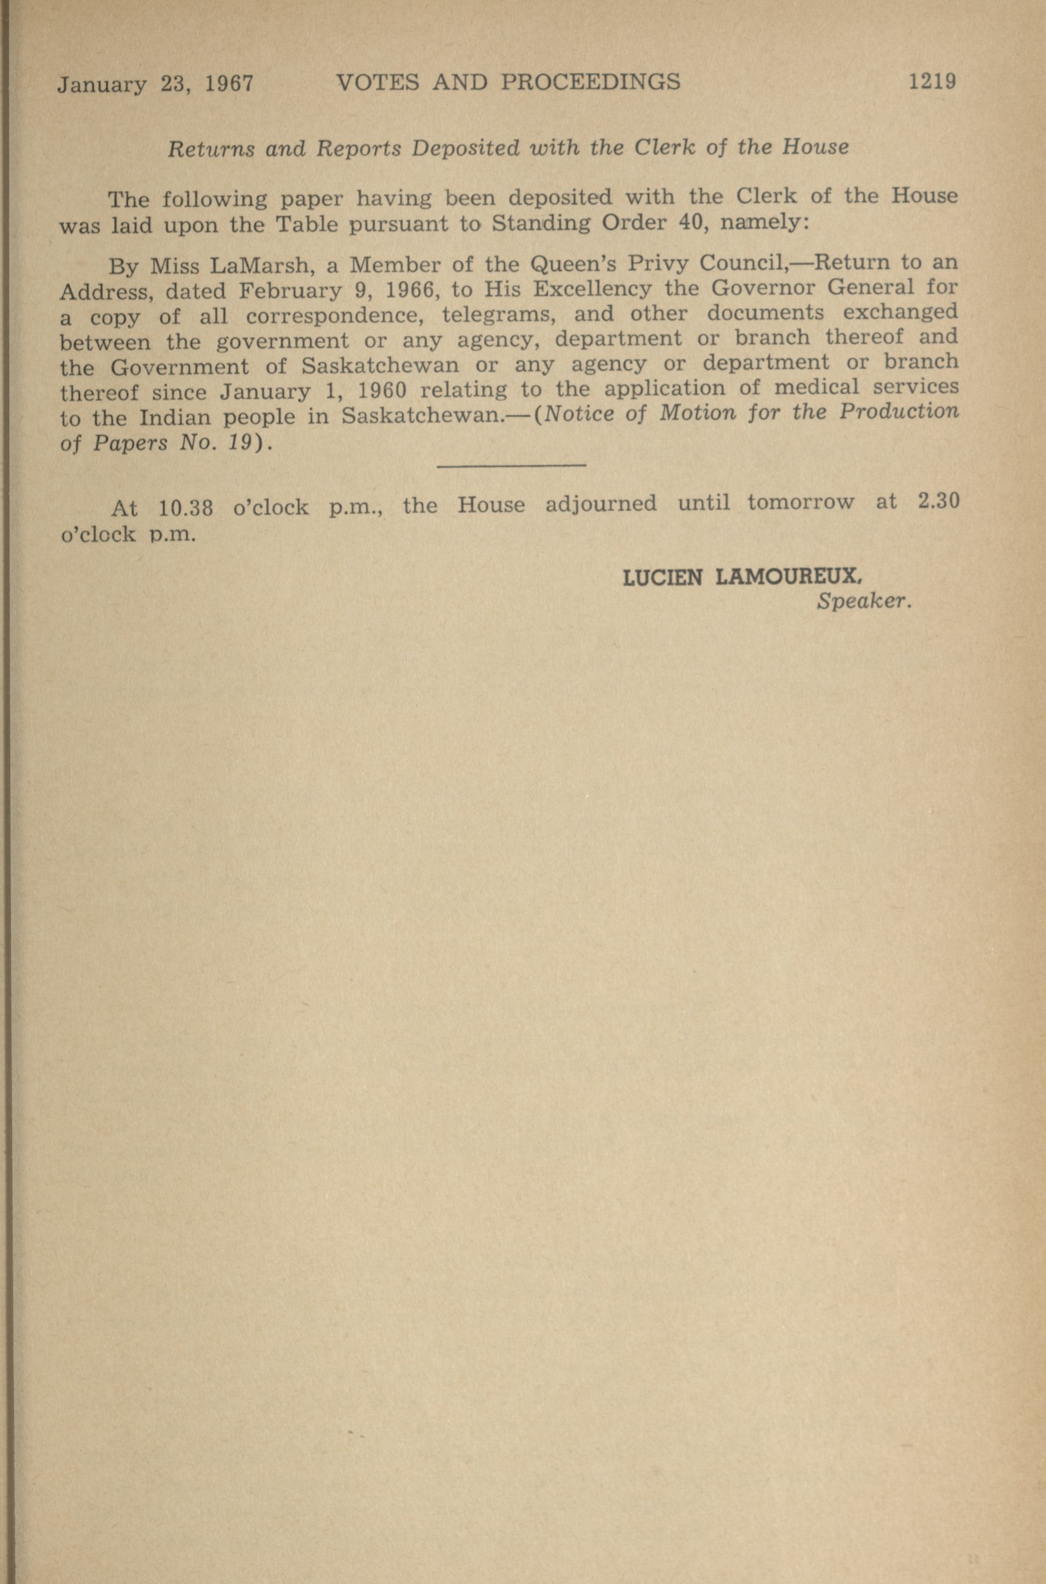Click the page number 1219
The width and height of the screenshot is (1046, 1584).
point(932,82)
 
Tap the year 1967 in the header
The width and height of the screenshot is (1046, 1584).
point(229,85)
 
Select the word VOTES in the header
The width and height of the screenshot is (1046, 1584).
point(378,82)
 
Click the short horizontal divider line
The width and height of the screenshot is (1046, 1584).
point(511,465)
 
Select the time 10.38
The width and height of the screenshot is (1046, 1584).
point(186,509)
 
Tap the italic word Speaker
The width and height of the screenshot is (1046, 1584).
point(863,601)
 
